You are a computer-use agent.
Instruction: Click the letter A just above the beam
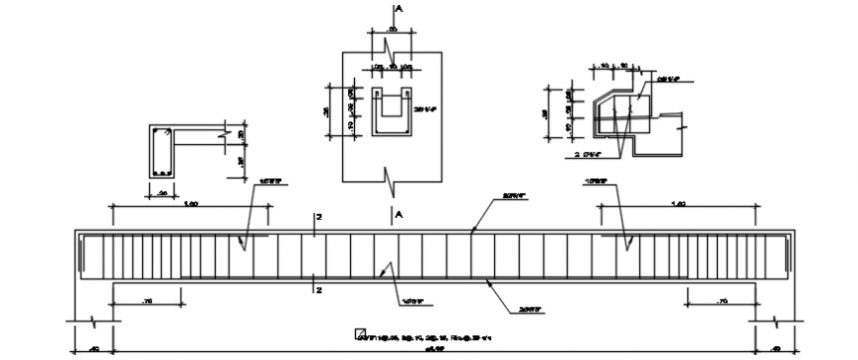[398, 214]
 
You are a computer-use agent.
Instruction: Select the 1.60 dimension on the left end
[191, 202]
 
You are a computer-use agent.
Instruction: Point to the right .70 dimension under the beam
[721, 298]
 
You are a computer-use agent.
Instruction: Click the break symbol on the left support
[91, 321]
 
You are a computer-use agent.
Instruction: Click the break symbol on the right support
[776, 321]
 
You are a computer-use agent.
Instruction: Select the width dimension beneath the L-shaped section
[162, 194]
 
